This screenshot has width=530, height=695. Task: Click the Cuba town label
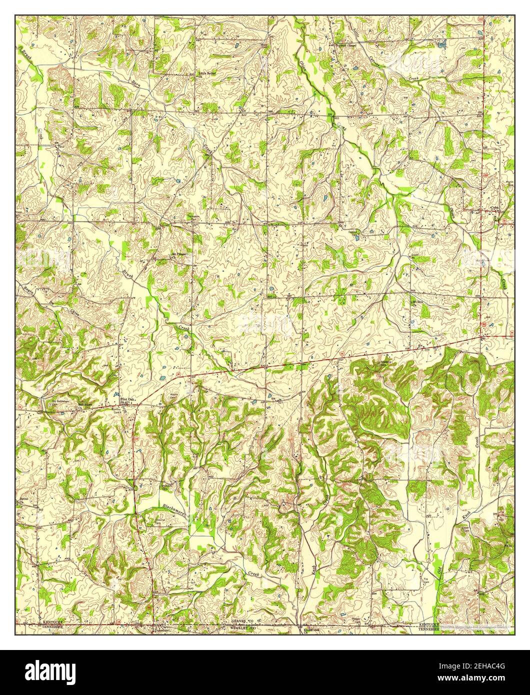(x=494, y=207)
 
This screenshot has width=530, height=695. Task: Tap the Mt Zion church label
(x=417, y=302)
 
